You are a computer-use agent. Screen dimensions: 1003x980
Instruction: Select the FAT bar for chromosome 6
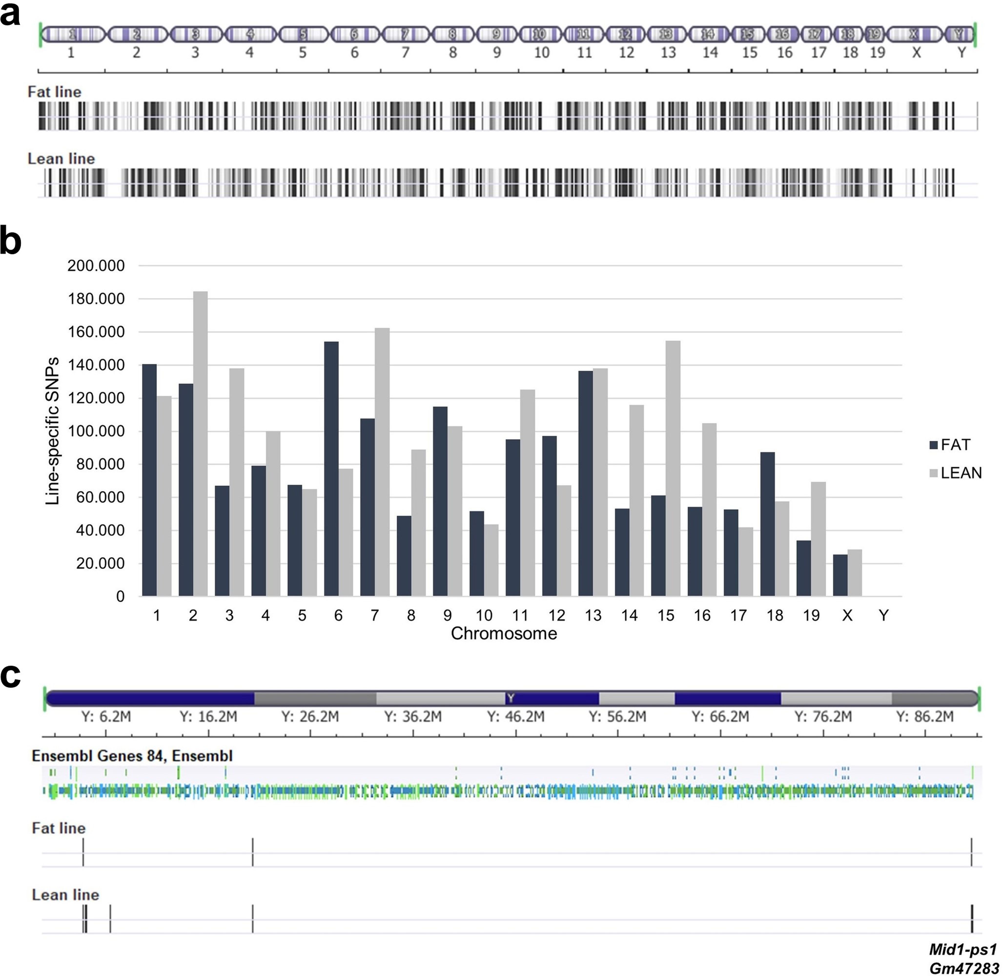point(331,469)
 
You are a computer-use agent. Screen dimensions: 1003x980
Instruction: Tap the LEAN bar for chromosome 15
point(673,468)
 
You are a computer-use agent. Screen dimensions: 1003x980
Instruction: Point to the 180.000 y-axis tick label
point(96,299)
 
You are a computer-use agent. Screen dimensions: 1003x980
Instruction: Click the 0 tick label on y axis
point(120,597)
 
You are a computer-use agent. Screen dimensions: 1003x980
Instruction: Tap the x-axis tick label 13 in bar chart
point(593,616)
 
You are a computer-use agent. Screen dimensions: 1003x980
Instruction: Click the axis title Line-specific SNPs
point(52,431)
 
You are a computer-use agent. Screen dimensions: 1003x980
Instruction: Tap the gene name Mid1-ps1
point(963,949)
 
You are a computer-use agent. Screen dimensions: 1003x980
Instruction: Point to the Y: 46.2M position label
point(516,716)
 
